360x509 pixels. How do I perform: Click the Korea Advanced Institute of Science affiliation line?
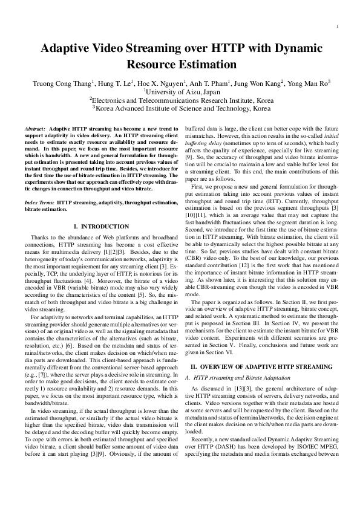click(180, 109)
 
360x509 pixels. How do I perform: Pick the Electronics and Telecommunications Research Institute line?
click(180, 101)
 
